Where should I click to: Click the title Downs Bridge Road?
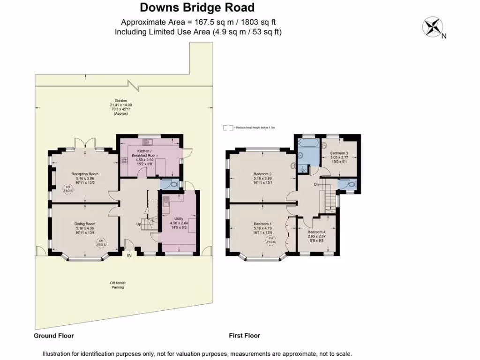pos(197,7)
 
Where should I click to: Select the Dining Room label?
pos(84,224)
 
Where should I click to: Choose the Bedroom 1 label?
pos(263,224)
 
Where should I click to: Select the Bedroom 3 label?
pos(339,153)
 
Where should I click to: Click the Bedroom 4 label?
pos(317,232)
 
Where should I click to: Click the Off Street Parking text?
pos(118,285)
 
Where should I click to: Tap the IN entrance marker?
pos(129,255)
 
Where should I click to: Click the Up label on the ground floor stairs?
pos(139,224)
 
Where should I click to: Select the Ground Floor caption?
pos(54,336)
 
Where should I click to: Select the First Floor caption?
pos(244,336)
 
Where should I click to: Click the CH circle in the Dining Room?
pos(101,243)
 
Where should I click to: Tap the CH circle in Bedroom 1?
pos(270,240)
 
